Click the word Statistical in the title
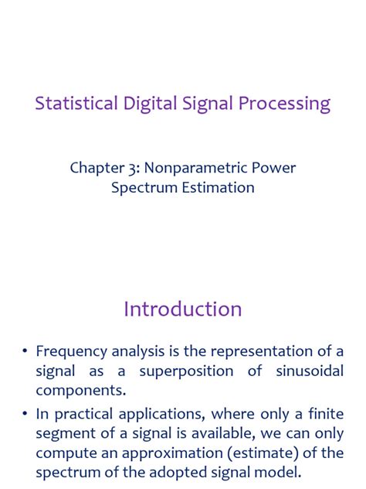coord(76,104)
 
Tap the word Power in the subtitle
coord(276,168)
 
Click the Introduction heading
coord(183,309)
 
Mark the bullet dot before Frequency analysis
coord(25,352)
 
